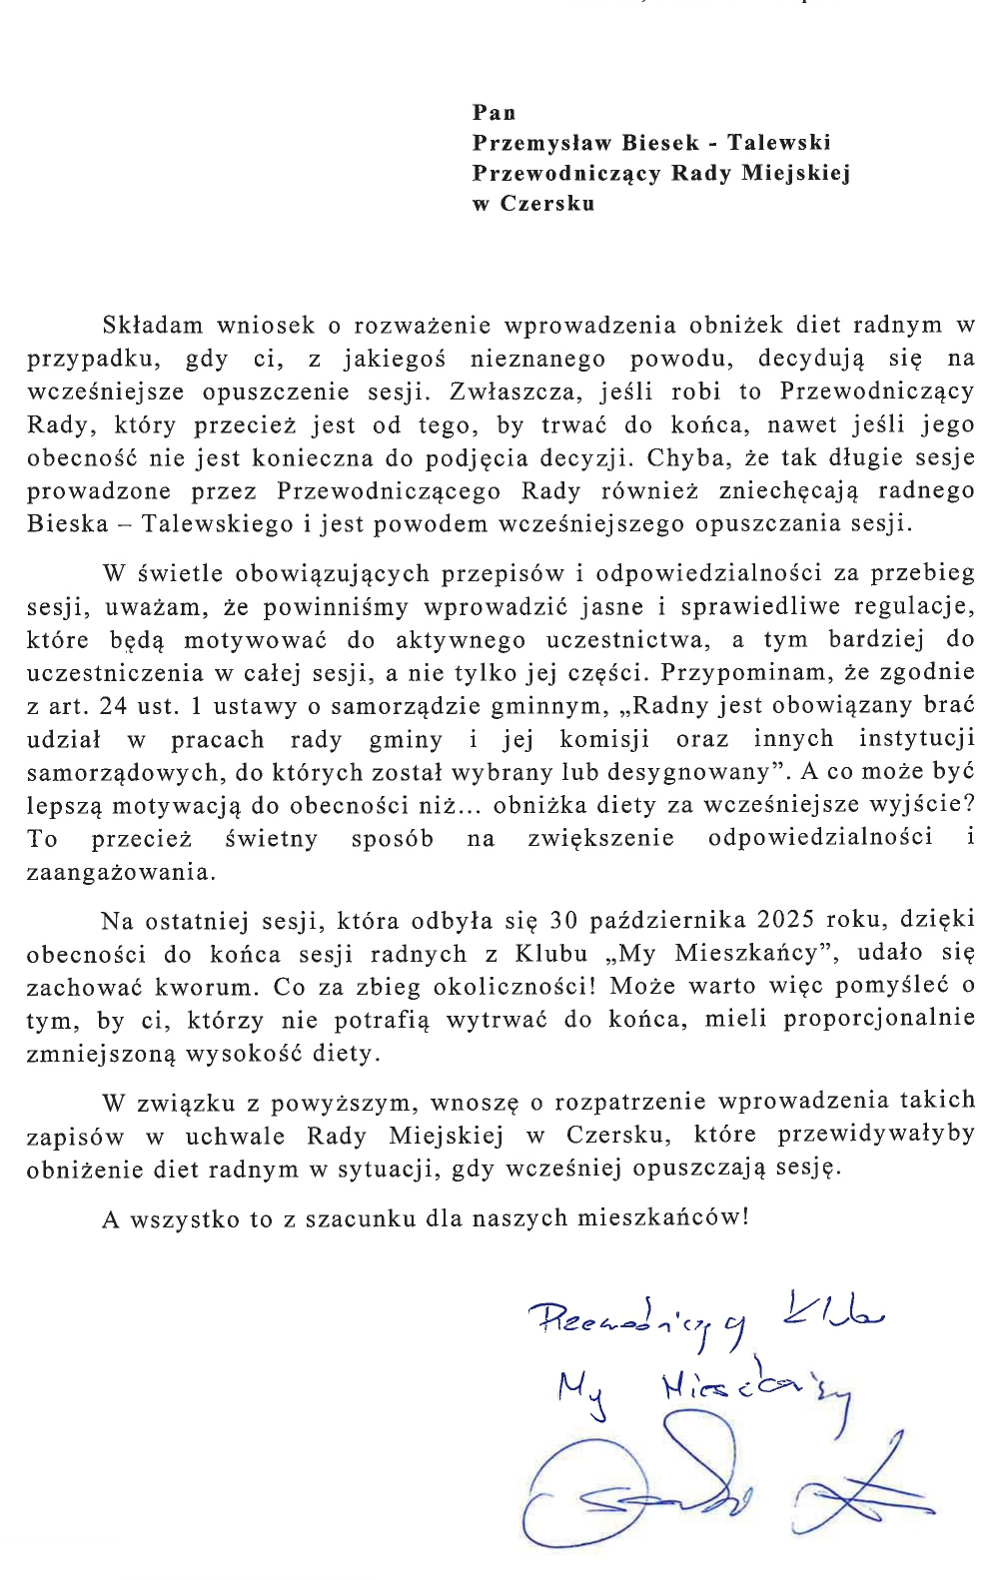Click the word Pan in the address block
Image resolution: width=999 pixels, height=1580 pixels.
(495, 113)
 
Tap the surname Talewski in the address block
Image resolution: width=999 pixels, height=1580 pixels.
(779, 143)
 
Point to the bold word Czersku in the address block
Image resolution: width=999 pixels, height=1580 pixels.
(547, 204)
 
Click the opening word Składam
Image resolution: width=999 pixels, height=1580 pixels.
(153, 326)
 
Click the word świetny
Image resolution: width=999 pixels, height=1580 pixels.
(271, 839)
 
